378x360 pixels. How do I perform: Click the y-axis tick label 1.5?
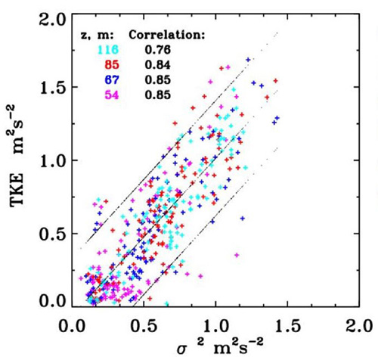(x=52, y=87)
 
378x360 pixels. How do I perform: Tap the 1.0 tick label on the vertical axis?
(x=52, y=160)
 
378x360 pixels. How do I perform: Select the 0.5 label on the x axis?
(x=143, y=326)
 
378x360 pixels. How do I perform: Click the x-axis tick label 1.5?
(x=287, y=326)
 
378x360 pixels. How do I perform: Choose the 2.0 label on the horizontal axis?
(x=358, y=326)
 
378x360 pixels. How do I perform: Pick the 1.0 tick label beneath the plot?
(x=215, y=326)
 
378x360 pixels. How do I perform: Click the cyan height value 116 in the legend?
(x=108, y=50)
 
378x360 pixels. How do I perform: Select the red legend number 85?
(x=112, y=65)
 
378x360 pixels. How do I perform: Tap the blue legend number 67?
(x=112, y=80)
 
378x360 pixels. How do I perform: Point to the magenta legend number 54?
(x=112, y=95)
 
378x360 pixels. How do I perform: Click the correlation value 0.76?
(x=157, y=50)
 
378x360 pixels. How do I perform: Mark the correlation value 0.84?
(x=157, y=65)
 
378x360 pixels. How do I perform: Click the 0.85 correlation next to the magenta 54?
(x=157, y=95)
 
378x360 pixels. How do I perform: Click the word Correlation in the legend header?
(x=166, y=36)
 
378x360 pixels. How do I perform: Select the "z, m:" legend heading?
(x=97, y=36)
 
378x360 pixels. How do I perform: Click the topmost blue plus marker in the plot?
(x=248, y=60)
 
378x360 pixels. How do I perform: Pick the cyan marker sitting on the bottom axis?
(x=166, y=303)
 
